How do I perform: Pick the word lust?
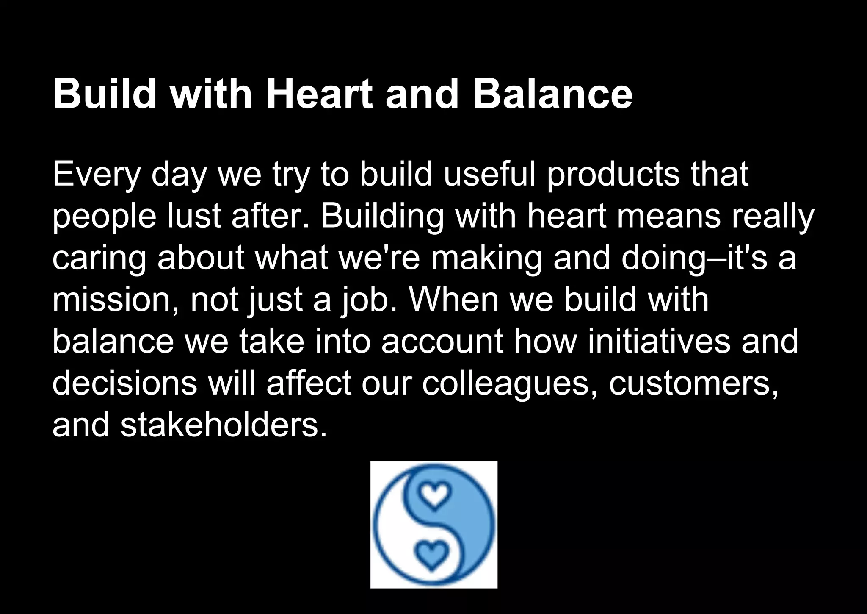click(x=195, y=216)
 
